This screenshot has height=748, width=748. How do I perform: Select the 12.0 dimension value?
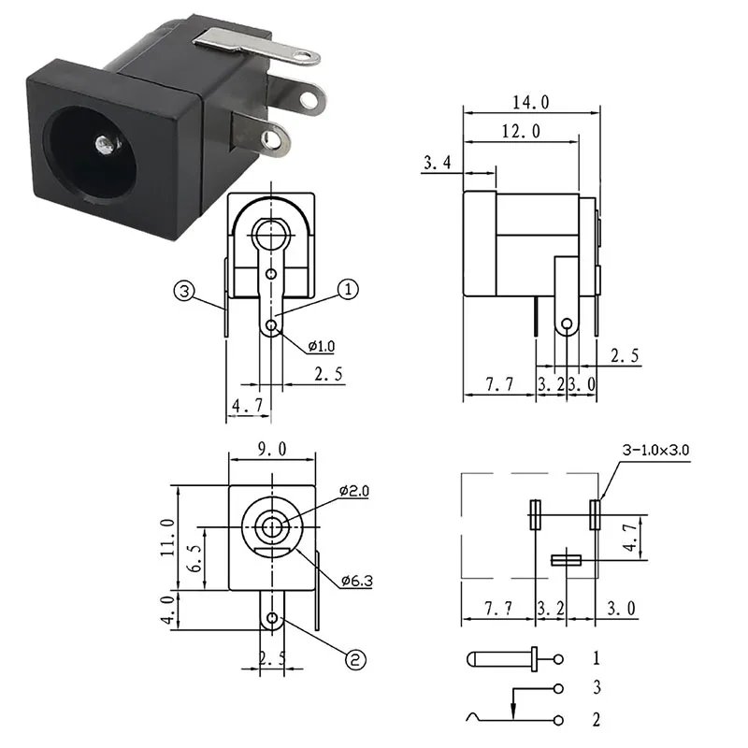tap(521, 132)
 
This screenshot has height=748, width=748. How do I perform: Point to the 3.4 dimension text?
tap(438, 164)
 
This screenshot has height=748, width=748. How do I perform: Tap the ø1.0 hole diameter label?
tap(321, 347)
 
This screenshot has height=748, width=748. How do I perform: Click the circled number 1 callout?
tap(346, 290)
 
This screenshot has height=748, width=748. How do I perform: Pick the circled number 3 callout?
tap(184, 292)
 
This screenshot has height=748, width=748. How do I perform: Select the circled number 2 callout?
tap(355, 660)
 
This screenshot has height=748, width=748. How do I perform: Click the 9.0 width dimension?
tap(273, 450)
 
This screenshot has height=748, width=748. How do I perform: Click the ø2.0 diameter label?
tap(356, 491)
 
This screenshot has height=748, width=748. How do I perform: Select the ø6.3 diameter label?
tap(357, 582)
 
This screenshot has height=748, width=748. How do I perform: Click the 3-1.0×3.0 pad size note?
tap(655, 450)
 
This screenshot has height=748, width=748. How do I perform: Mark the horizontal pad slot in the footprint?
tap(566, 560)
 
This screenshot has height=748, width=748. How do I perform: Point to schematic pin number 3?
tap(596, 688)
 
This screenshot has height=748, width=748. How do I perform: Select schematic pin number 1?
tap(596, 658)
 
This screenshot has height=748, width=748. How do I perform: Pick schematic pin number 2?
tap(596, 720)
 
